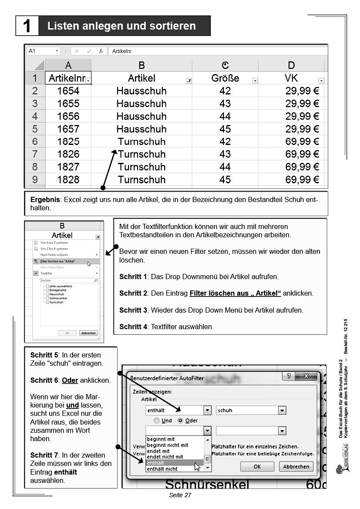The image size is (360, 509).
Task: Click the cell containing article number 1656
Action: tap(68, 116)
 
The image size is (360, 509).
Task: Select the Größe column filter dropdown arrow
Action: tap(255, 81)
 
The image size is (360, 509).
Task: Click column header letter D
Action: tap(291, 65)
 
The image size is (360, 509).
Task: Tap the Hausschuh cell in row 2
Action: tap(141, 91)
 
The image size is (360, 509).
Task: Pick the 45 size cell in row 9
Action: tap(225, 179)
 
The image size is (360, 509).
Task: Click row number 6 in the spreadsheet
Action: tap(35, 142)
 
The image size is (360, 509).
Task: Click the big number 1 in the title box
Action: tap(27, 26)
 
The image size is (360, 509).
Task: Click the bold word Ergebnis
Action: tap(45, 199)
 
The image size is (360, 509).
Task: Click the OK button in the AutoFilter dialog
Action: tap(257, 466)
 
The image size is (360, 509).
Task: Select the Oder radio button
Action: tap(180, 421)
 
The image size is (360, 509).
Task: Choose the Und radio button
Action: tap(157, 421)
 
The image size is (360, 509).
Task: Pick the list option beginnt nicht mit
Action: tap(168, 445)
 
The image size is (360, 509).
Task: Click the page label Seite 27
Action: tap(180, 495)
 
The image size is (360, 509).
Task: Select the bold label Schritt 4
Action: tap(133, 326)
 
